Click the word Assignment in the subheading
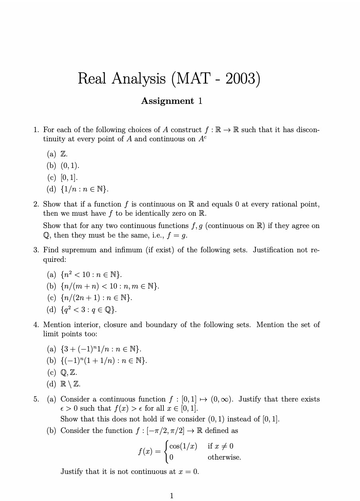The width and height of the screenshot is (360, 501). (167, 101)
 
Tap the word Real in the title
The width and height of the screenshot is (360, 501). (93, 78)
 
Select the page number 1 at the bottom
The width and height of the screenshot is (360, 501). (172, 495)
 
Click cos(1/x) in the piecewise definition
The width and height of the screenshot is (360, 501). (183, 446)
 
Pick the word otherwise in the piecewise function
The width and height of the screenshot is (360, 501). (224, 458)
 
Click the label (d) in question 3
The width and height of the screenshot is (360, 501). (51, 309)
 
